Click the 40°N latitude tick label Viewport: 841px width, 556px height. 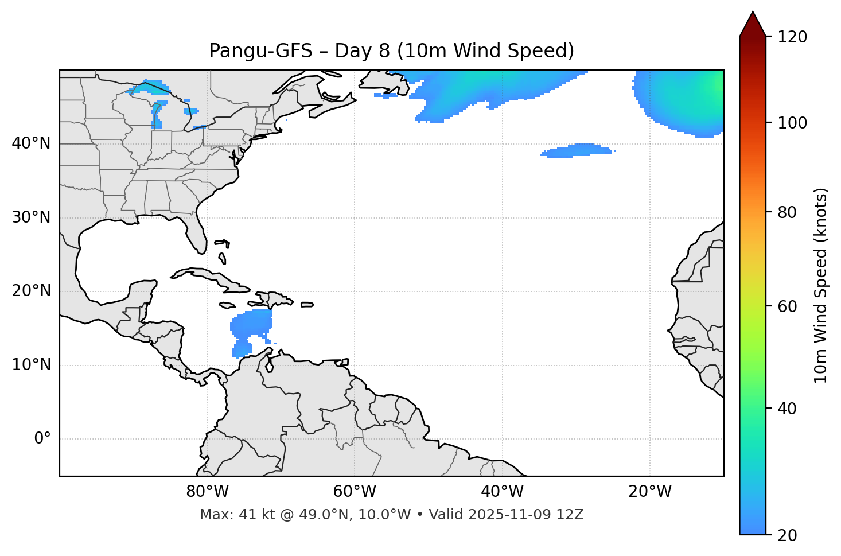coord(31,143)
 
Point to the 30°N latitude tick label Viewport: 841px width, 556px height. coord(31,217)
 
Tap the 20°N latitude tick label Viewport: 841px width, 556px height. coord(31,291)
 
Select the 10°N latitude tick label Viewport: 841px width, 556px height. coord(31,365)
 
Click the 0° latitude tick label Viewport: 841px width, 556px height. coord(42,439)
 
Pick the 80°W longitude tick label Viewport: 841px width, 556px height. coord(207,492)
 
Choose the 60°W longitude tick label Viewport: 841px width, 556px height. coord(355,492)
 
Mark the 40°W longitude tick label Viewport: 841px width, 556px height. coord(502,492)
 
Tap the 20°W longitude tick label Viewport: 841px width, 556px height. coord(650,492)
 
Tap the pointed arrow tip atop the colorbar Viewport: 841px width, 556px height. coord(753,13)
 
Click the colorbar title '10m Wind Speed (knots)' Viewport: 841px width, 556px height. coord(821,285)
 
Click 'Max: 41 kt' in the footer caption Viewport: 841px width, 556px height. coord(228,515)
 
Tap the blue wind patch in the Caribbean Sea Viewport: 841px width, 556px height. coord(250,326)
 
